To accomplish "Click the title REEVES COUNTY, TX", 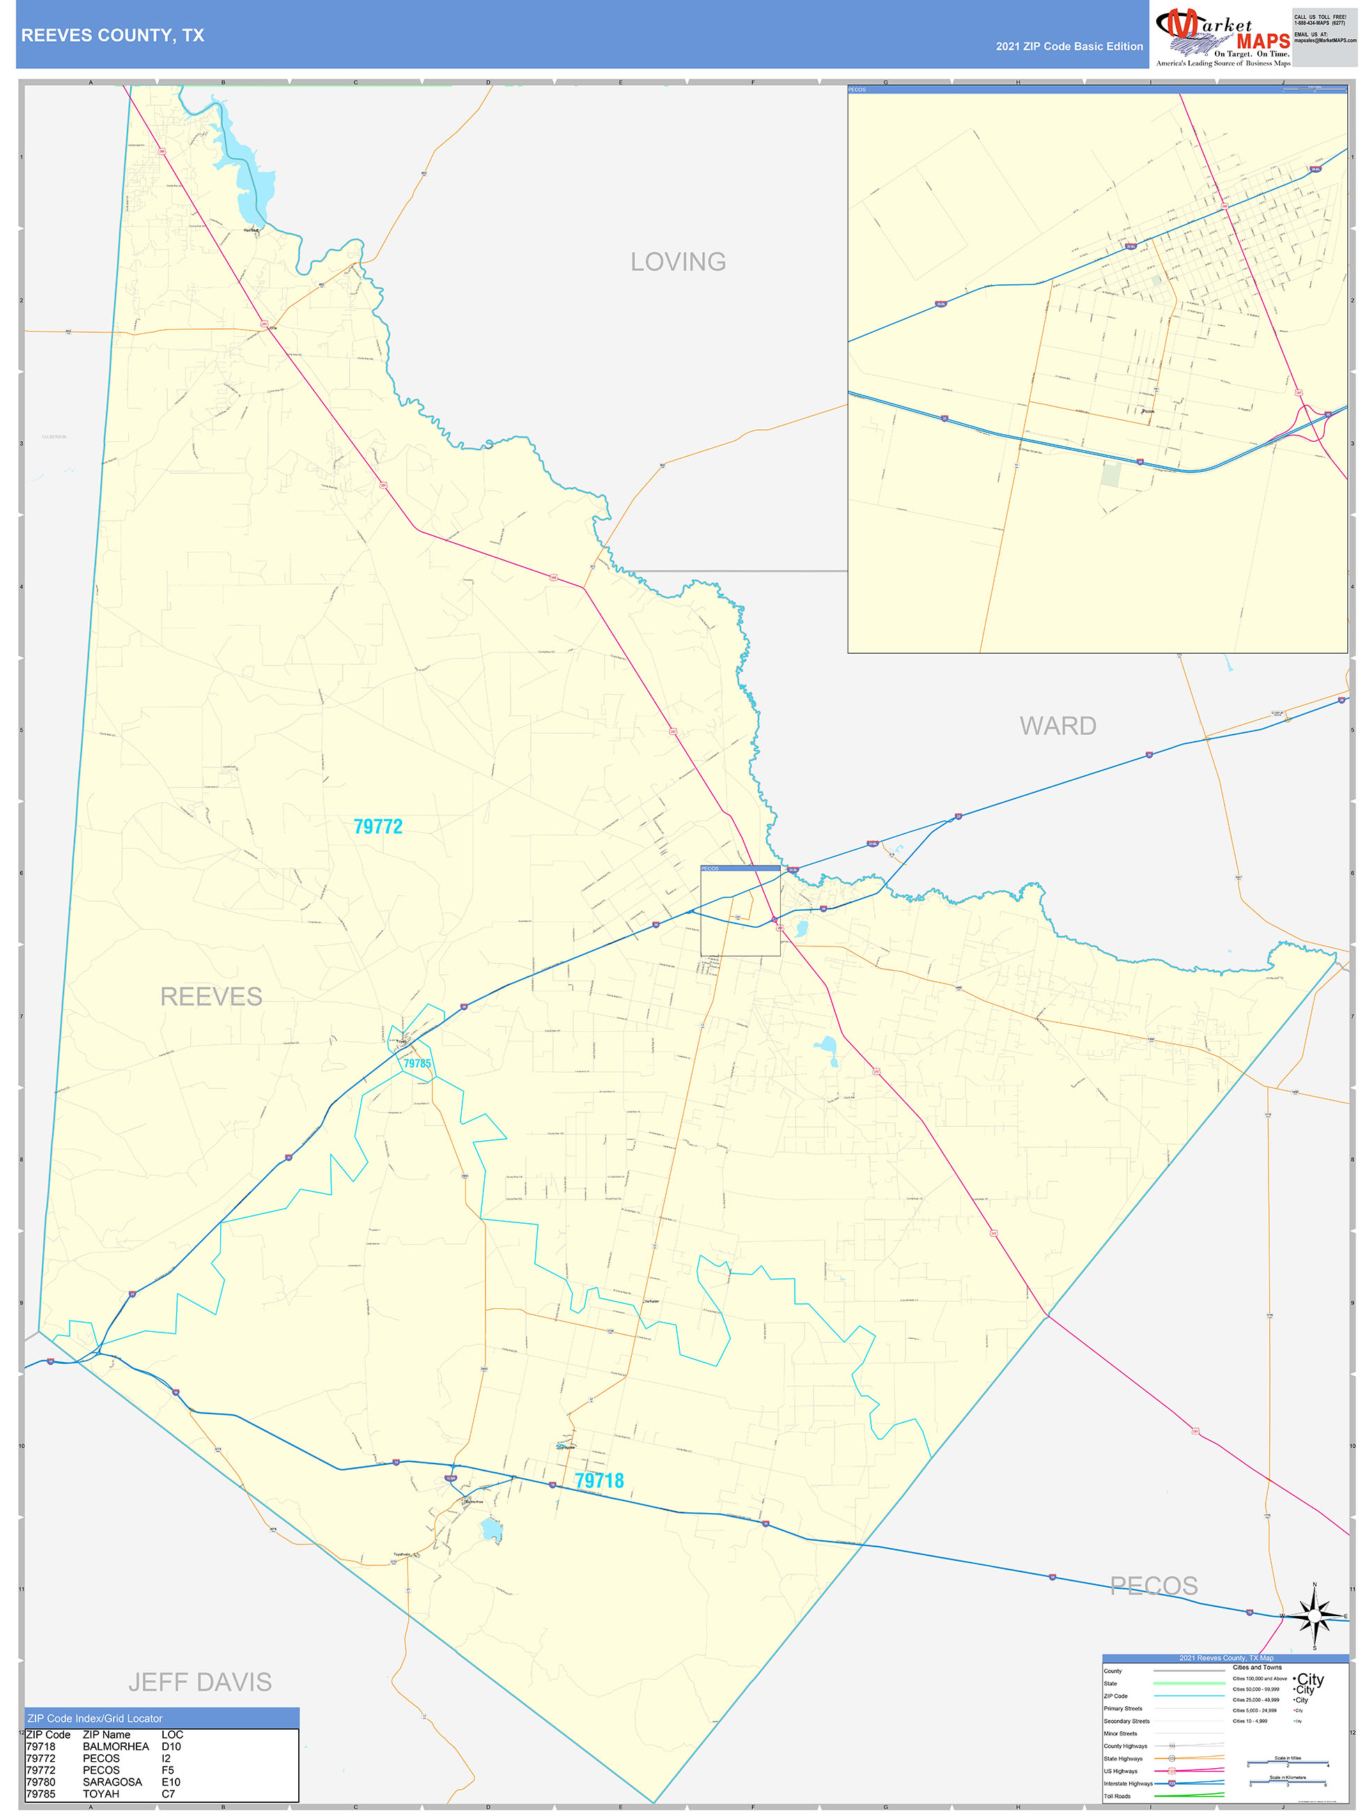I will (x=112, y=36).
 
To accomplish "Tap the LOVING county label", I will (x=677, y=262).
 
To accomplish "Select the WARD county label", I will (x=1057, y=725).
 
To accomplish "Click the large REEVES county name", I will (x=210, y=996).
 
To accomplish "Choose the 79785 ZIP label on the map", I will (x=417, y=1064).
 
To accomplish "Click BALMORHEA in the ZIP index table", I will (x=116, y=1746).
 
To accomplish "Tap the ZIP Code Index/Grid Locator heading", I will (x=95, y=1718).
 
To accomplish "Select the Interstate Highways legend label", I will (x=1128, y=1783).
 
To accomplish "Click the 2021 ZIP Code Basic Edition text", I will (x=1069, y=47).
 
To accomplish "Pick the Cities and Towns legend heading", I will (x=1257, y=1667).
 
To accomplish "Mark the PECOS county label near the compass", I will (x=1153, y=1586).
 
